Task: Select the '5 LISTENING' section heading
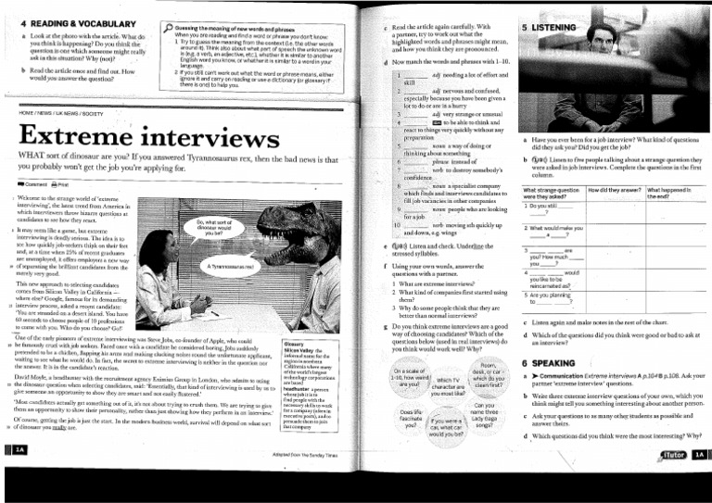(x=554, y=30)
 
